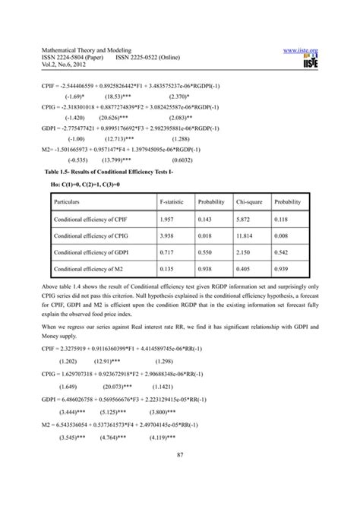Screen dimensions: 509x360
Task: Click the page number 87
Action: click(x=180, y=454)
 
